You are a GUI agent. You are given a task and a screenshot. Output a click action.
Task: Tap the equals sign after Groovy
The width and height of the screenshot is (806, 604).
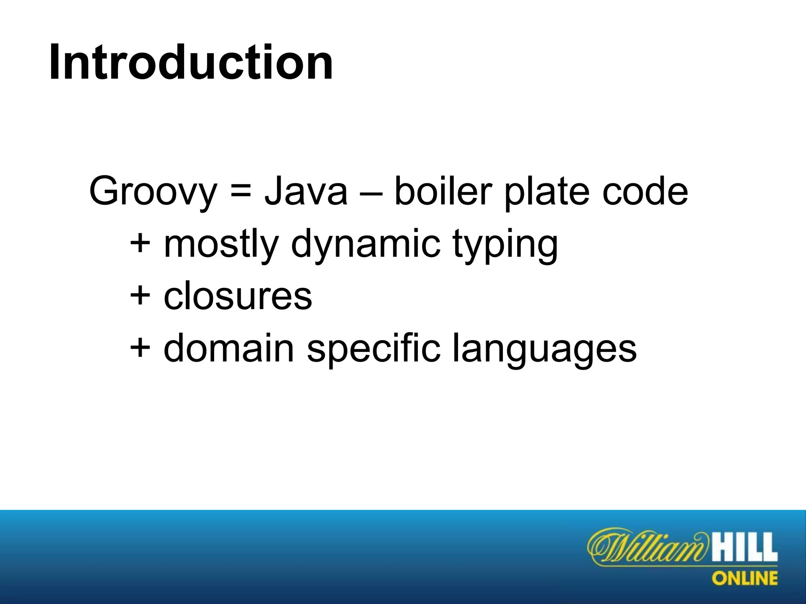pos(240,192)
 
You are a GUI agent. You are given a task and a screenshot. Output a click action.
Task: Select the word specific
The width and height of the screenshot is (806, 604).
pos(373,349)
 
